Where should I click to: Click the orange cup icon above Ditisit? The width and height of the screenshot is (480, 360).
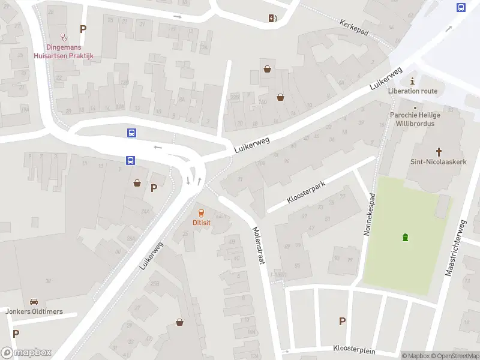201,213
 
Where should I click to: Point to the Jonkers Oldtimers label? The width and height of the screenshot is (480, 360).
34,311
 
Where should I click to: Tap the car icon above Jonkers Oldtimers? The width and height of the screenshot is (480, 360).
34,302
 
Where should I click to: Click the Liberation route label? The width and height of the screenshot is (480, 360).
413,91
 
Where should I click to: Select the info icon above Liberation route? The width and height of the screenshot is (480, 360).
412,81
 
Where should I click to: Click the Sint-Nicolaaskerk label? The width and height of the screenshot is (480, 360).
439,162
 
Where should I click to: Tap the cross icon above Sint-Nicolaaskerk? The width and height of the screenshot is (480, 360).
439,152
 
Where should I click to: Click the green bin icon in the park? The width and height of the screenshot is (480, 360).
406,237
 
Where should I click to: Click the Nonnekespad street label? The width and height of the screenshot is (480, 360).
370,214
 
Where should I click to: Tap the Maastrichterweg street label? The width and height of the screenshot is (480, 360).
456,248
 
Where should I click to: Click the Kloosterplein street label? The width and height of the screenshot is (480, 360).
358,348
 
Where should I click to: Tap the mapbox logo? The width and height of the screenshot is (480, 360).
26,353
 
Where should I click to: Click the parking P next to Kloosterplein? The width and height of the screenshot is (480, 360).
342,321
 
